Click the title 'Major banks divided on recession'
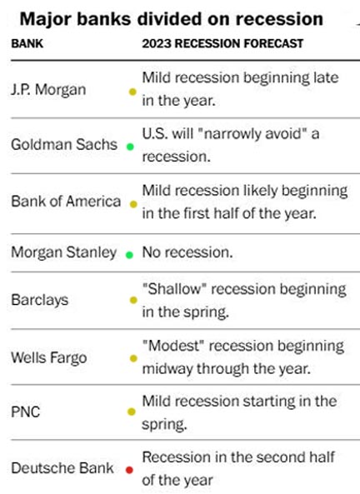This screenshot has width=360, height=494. [172, 19]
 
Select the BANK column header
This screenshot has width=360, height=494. [27, 43]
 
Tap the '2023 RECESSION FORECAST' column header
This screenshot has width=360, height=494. [222, 43]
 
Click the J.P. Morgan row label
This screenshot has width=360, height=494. [48, 90]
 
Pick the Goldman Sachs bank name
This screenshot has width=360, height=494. [64, 145]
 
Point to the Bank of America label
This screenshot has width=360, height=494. [66, 202]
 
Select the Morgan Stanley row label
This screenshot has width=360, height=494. [63, 253]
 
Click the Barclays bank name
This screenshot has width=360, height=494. [39, 300]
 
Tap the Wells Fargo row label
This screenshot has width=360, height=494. [49, 358]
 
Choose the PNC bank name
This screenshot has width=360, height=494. [26, 412]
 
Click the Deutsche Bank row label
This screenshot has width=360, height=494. [62, 468]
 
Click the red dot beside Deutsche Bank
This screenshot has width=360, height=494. [129, 470]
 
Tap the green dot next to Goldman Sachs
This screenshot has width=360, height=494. [130, 147]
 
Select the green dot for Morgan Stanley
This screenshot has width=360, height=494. [129, 255]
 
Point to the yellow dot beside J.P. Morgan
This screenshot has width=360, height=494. [132, 92]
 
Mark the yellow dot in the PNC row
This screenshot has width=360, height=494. [132, 412]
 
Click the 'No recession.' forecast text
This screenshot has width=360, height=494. [187, 252]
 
